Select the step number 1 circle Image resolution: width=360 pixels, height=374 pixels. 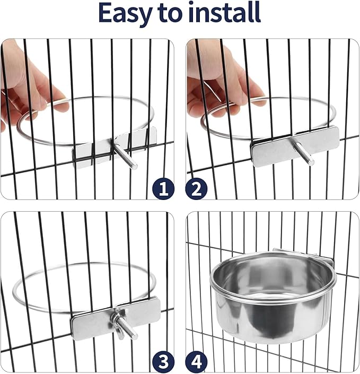point(163,188)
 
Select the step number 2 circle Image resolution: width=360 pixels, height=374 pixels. point(196,188)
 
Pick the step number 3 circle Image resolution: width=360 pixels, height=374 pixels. point(163,362)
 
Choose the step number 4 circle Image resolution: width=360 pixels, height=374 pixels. point(196,362)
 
